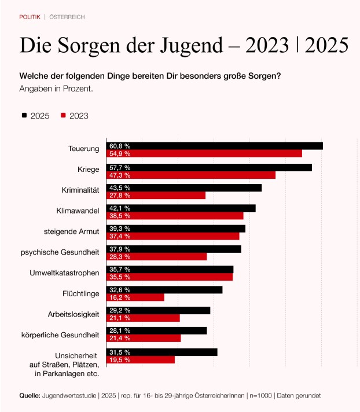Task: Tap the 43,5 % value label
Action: (120, 188)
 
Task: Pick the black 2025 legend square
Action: (24, 115)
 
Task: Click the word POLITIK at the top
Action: (30, 17)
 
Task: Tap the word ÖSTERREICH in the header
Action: (67, 17)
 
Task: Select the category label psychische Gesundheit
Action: (60, 252)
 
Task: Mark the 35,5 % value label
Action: (120, 277)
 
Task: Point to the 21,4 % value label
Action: (120, 338)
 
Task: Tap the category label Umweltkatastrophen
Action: (65, 273)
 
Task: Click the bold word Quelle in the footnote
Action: (30, 395)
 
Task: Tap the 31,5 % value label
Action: (120, 352)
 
